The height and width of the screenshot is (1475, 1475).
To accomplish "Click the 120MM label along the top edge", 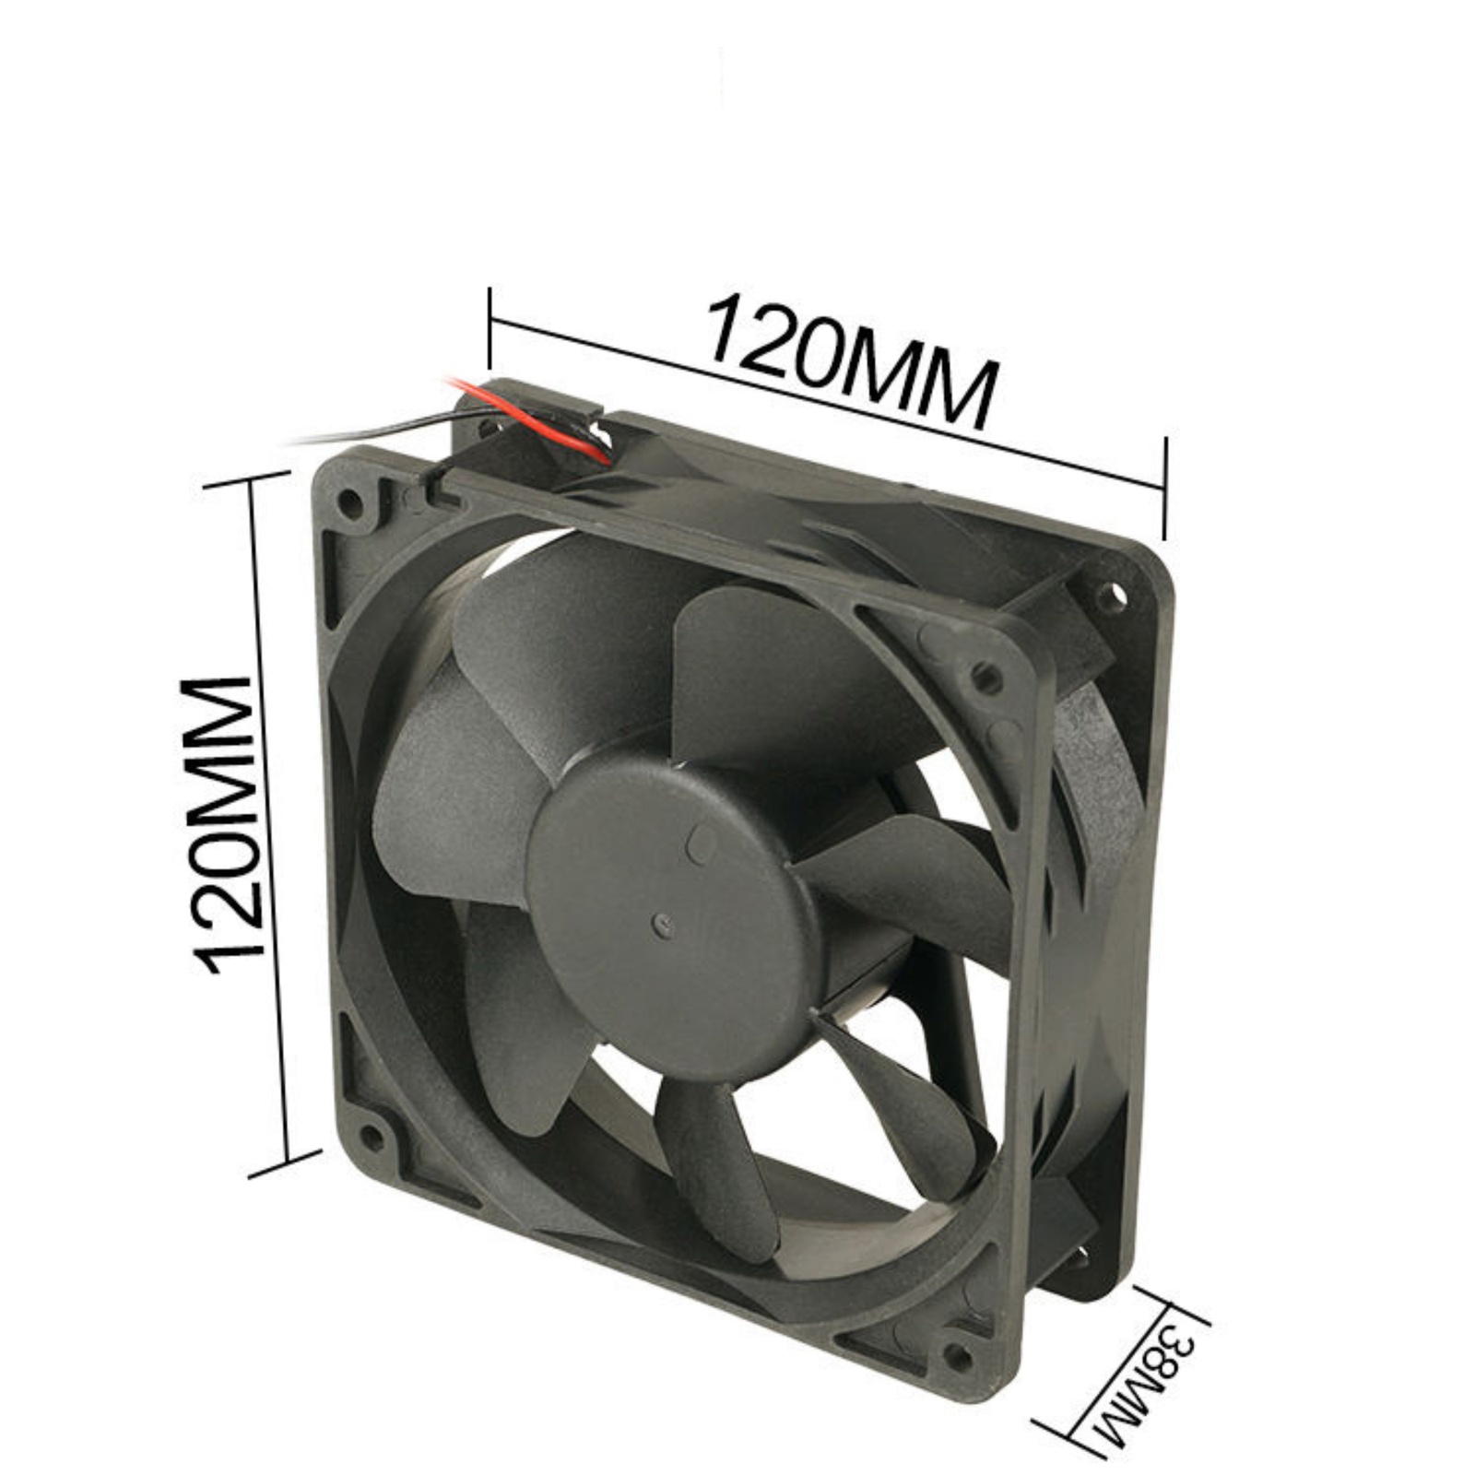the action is pyautogui.click(x=853, y=361).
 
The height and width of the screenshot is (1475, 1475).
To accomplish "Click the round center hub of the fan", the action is pyautogui.click(x=671, y=922).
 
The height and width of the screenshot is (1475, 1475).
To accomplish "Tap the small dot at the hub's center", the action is pyautogui.click(x=660, y=921).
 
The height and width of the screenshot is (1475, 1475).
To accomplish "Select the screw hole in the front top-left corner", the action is pyautogui.click(x=350, y=502).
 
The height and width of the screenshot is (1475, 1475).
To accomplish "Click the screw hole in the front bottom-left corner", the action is pyautogui.click(x=371, y=1139).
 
